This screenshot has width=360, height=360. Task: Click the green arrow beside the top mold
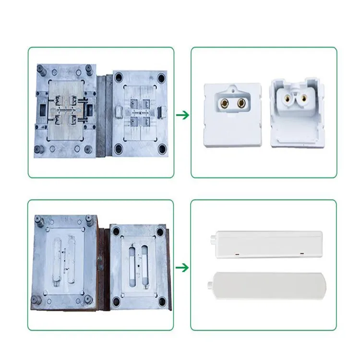pyautogui.click(x=182, y=115)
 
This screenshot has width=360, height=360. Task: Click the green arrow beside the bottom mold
pyautogui.click(x=182, y=267)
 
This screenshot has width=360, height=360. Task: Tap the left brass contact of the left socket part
pyautogui.click(x=224, y=103)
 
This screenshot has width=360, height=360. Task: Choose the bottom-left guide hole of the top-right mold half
pyautogui.click(x=118, y=146)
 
